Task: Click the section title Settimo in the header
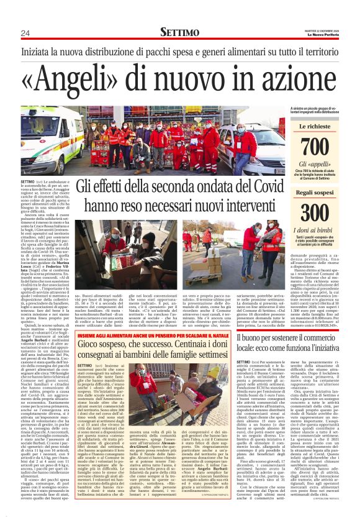coord(180,32)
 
